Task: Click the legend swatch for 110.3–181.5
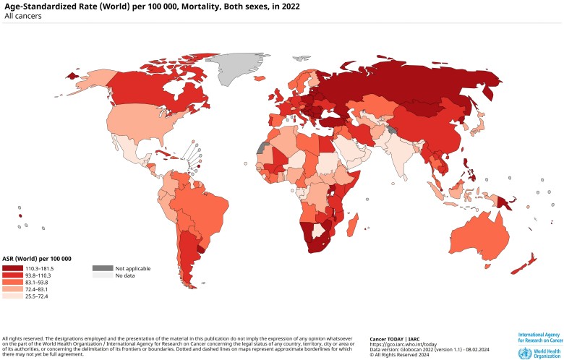click(12, 268)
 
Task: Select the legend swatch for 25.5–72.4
click(12, 295)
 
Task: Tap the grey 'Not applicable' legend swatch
click(102, 268)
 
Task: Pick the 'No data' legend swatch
click(102, 275)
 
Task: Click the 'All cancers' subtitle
click(22, 15)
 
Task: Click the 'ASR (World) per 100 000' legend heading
click(37, 259)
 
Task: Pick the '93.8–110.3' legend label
click(39, 275)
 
